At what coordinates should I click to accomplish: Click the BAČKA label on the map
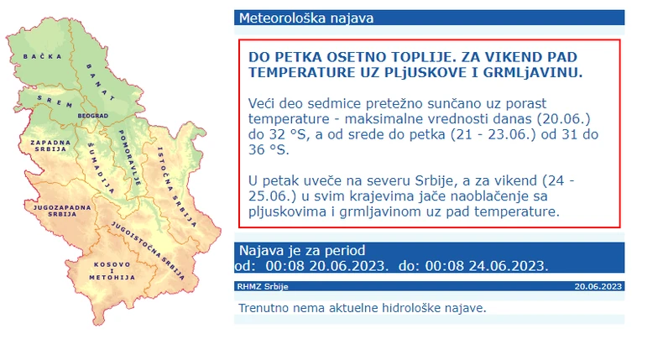coord(38,55)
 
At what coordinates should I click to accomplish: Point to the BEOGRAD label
coord(93,115)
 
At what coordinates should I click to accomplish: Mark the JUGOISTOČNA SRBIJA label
coord(152,243)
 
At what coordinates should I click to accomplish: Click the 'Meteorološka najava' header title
coord(306,18)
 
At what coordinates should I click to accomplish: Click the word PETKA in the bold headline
coord(300,56)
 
